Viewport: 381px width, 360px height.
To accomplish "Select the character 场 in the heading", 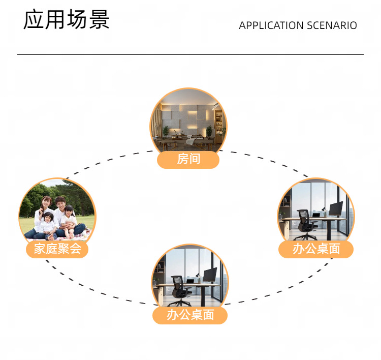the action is pyautogui.click(x=77, y=20).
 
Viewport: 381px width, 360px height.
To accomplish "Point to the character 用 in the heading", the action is pyautogui.click(x=55, y=20).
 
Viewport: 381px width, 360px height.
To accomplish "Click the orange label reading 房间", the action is pyautogui.click(x=188, y=159).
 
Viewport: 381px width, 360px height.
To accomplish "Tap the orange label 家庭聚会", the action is pyautogui.click(x=57, y=249).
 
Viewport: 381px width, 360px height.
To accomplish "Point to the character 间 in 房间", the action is pyautogui.click(x=195, y=159).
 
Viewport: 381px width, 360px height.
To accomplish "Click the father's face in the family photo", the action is pyautogui.click(x=61, y=204).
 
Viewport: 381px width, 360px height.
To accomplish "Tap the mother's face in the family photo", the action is pyautogui.click(x=46, y=202).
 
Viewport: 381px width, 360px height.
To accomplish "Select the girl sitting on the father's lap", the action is pyautogui.click(x=69, y=219).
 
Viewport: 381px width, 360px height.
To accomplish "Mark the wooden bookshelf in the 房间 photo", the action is pyautogui.click(x=219, y=125).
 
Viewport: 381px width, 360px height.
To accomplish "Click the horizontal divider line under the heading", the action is pyautogui.click(x=190, y=54).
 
